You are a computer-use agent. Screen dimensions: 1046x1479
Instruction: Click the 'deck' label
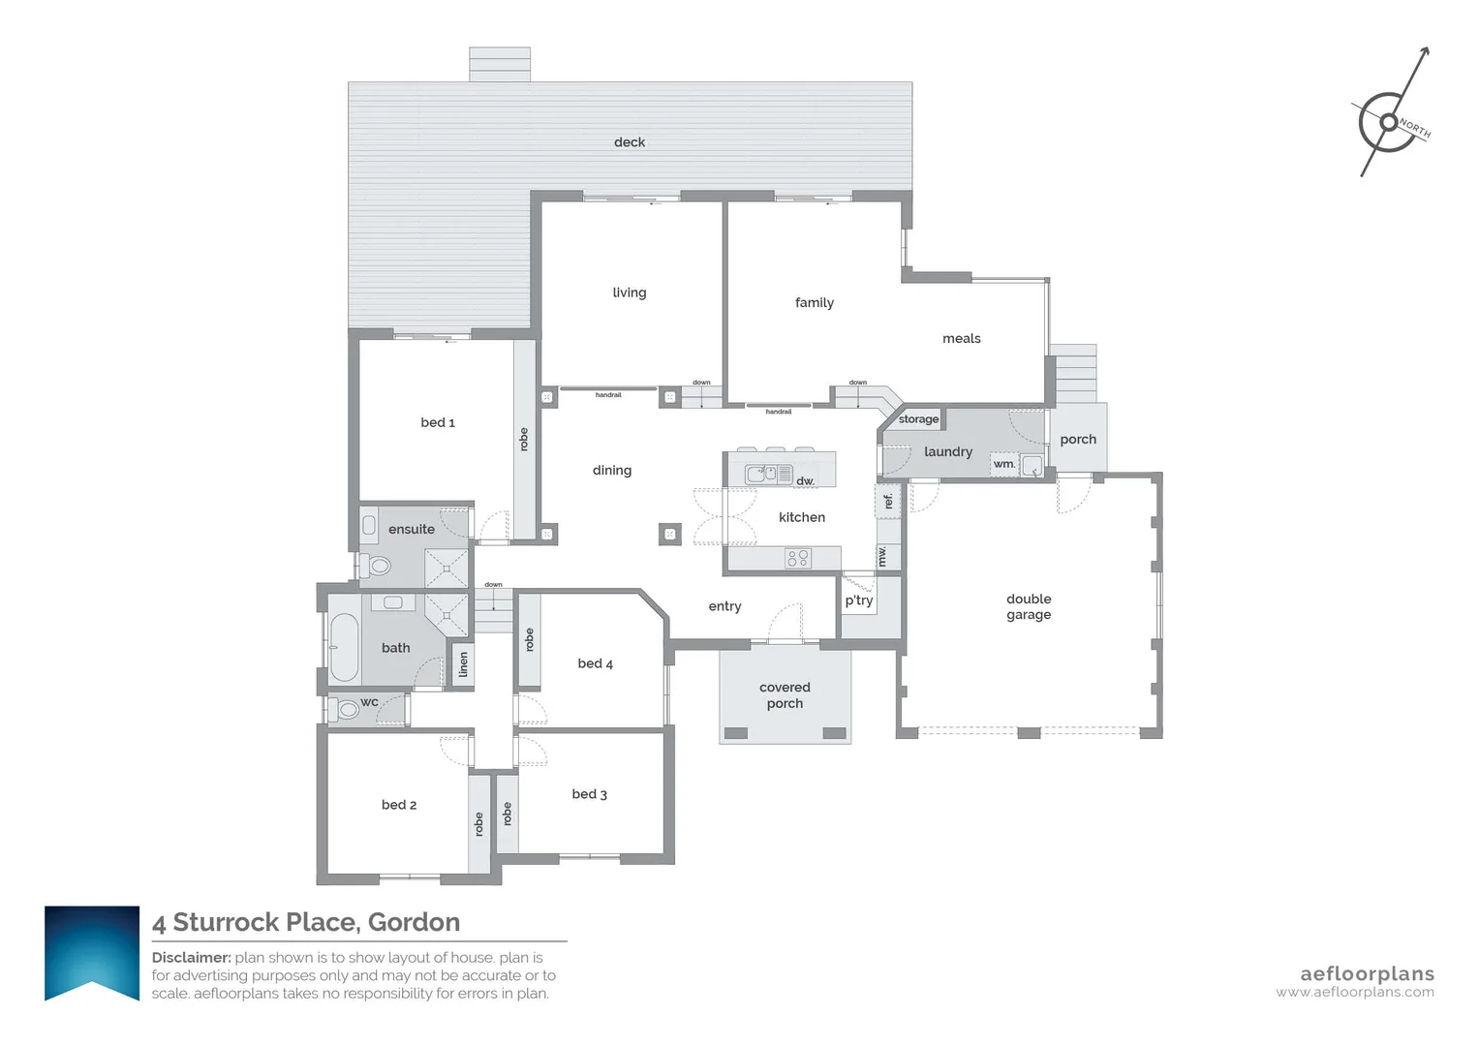(x=630, y=142)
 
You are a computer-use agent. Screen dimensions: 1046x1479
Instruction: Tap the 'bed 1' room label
(x=438, y=422)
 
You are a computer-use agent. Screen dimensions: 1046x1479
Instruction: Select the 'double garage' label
(x=1029, y=607)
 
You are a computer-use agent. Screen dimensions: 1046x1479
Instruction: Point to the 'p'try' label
(x=859, y=600)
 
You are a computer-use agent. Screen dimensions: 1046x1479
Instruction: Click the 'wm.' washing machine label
(x=1004, y=464)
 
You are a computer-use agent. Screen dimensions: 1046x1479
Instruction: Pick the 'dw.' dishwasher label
(x=806, y=480)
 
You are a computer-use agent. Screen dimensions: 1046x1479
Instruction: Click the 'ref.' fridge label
(x=888, y=502)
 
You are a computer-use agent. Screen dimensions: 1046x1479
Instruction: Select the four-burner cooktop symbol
(x=798, y=558)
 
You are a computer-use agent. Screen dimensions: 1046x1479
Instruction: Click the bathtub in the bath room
(x=344, y=647)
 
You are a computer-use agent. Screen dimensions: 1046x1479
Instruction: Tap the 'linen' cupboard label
(x=464, y=664)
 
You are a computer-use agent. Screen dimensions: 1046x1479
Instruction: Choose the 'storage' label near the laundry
(x=918, y=419)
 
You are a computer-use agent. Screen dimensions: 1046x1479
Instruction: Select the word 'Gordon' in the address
(x=414, y=922)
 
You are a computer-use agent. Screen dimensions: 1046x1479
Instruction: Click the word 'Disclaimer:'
(x=191, y=958)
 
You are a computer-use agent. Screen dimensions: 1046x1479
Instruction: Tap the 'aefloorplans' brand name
(x=1367, y=973)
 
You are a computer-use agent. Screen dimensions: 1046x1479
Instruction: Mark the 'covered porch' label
(x=785, y=695)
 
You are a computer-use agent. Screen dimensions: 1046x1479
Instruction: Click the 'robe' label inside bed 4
(x=529, y=639)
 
